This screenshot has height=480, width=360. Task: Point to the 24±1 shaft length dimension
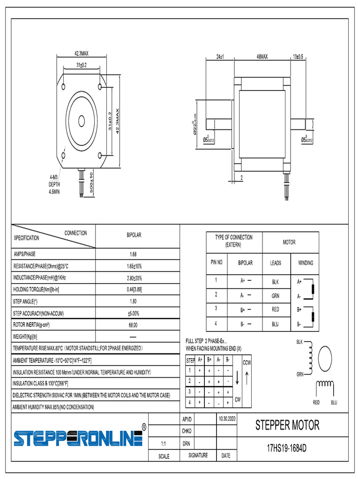[220, 57]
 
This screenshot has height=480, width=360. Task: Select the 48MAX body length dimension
[262, 57]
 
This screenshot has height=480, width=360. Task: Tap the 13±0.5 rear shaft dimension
[298, 57]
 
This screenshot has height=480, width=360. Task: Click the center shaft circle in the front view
[82, 120]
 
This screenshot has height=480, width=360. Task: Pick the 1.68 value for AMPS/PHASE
[133, 255]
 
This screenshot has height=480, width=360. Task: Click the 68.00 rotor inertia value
[133, 325]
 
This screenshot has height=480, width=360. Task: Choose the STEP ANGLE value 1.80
[133, 301]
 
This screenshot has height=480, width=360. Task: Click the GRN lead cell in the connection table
[276, 296]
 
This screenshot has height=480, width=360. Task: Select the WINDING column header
[306, 263]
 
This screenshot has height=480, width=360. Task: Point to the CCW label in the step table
[247, 363]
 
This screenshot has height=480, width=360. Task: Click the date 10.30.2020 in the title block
[226, 418]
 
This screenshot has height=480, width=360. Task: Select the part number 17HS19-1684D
[286, 448]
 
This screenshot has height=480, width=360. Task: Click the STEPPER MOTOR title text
[287, 425]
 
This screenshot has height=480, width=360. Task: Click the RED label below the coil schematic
[316, 403]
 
